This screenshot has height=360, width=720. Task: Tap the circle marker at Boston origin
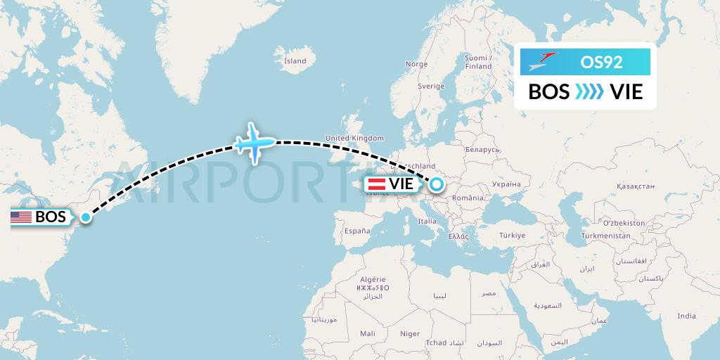coord(86,217)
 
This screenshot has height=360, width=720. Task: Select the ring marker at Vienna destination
coord(437,184)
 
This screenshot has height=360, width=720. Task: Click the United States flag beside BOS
coord(21,217)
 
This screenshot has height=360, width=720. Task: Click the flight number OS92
coord(601,62)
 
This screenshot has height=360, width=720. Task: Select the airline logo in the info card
coord(541,62)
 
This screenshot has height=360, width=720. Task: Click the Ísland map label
coord(295,60)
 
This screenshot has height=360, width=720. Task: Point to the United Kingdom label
coord(354,138)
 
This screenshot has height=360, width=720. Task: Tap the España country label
coord(356,231)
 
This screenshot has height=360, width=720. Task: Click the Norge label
coord(416,64)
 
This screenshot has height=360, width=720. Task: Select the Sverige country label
coord(431,86)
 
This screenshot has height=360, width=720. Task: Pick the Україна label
coord(506,183)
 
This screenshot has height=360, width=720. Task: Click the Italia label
coord(427,221)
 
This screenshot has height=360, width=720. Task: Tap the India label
coord(686,316)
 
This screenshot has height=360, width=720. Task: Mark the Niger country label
coord(410,334)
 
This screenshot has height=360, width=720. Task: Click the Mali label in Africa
coord(367,334)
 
